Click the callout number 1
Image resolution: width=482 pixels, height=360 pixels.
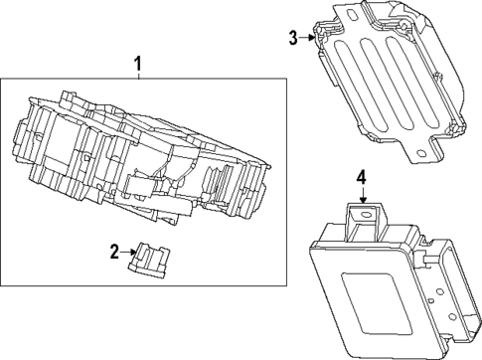(x=138, y=66)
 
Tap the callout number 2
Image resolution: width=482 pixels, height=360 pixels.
(x=114, y=253)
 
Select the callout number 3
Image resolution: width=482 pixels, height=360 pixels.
(x=294, y=39)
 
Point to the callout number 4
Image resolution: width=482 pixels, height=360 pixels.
(x=362, y=178)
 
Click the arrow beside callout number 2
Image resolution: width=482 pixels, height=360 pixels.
(x=128, y=254)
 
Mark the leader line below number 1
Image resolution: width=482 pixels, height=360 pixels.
(x=138, y=80)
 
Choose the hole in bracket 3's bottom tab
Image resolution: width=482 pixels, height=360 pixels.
(x=428, y=152)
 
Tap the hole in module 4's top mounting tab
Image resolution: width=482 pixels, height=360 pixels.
(x=366, y=213)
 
